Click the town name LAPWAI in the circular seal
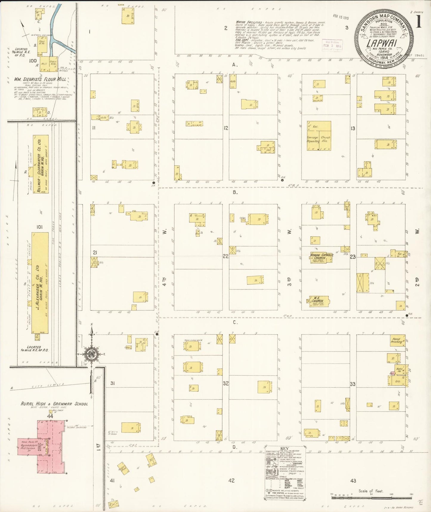384,44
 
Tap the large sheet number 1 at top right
419,22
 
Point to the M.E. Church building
319,301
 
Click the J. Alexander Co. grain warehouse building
40,283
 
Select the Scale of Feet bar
371,494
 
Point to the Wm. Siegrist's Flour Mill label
40,79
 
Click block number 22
225,256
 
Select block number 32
225,383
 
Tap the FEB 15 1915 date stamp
341,17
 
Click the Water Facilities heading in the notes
249,22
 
